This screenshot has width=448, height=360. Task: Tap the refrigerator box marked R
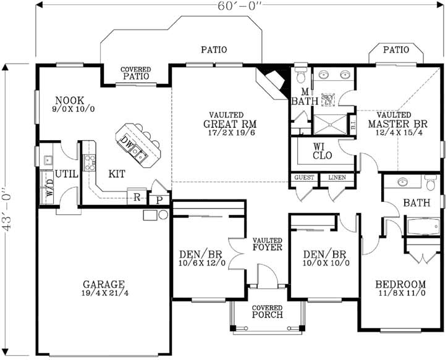click(136, 198)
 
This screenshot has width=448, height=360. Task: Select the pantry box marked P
click(158, 199)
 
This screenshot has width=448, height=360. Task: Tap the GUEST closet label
click(304, 178)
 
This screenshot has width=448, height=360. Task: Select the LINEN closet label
click(337, 178)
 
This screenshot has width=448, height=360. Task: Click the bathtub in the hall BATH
click(423, 227)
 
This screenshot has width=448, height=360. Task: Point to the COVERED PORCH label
click(267, 312)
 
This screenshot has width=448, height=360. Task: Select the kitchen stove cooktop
click(90, 162)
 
